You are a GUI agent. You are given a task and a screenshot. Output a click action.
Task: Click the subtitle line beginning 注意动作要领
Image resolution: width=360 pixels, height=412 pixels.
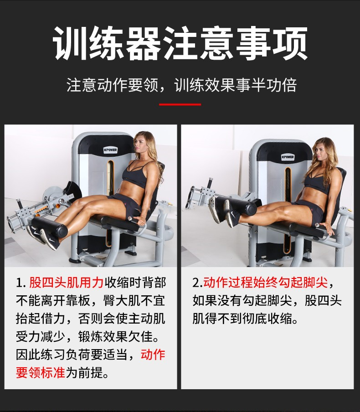click(181, 85)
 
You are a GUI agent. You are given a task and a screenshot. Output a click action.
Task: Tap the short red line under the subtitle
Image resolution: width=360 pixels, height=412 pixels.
click(180, 104)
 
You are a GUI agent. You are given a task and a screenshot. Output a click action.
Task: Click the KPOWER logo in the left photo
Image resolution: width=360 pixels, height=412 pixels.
click(110, 150)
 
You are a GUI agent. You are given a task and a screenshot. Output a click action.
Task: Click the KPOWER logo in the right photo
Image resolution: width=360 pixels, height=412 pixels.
click(288, 157)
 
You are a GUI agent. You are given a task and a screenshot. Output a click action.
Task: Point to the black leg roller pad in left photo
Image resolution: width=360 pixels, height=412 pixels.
click(50, 226)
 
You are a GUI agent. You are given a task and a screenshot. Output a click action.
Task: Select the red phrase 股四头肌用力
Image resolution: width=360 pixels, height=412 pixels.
click(66, 283)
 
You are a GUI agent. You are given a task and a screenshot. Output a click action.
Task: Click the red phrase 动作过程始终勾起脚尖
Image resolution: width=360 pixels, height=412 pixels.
click(265, 283)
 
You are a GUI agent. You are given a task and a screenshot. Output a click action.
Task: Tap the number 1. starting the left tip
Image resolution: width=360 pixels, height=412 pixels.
click(21, 283)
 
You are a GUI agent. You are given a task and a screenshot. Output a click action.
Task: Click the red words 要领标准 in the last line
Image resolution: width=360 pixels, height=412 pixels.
click(41, 372)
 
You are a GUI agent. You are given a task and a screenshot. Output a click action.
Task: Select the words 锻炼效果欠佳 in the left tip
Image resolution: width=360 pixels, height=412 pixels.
click(116, 337)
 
